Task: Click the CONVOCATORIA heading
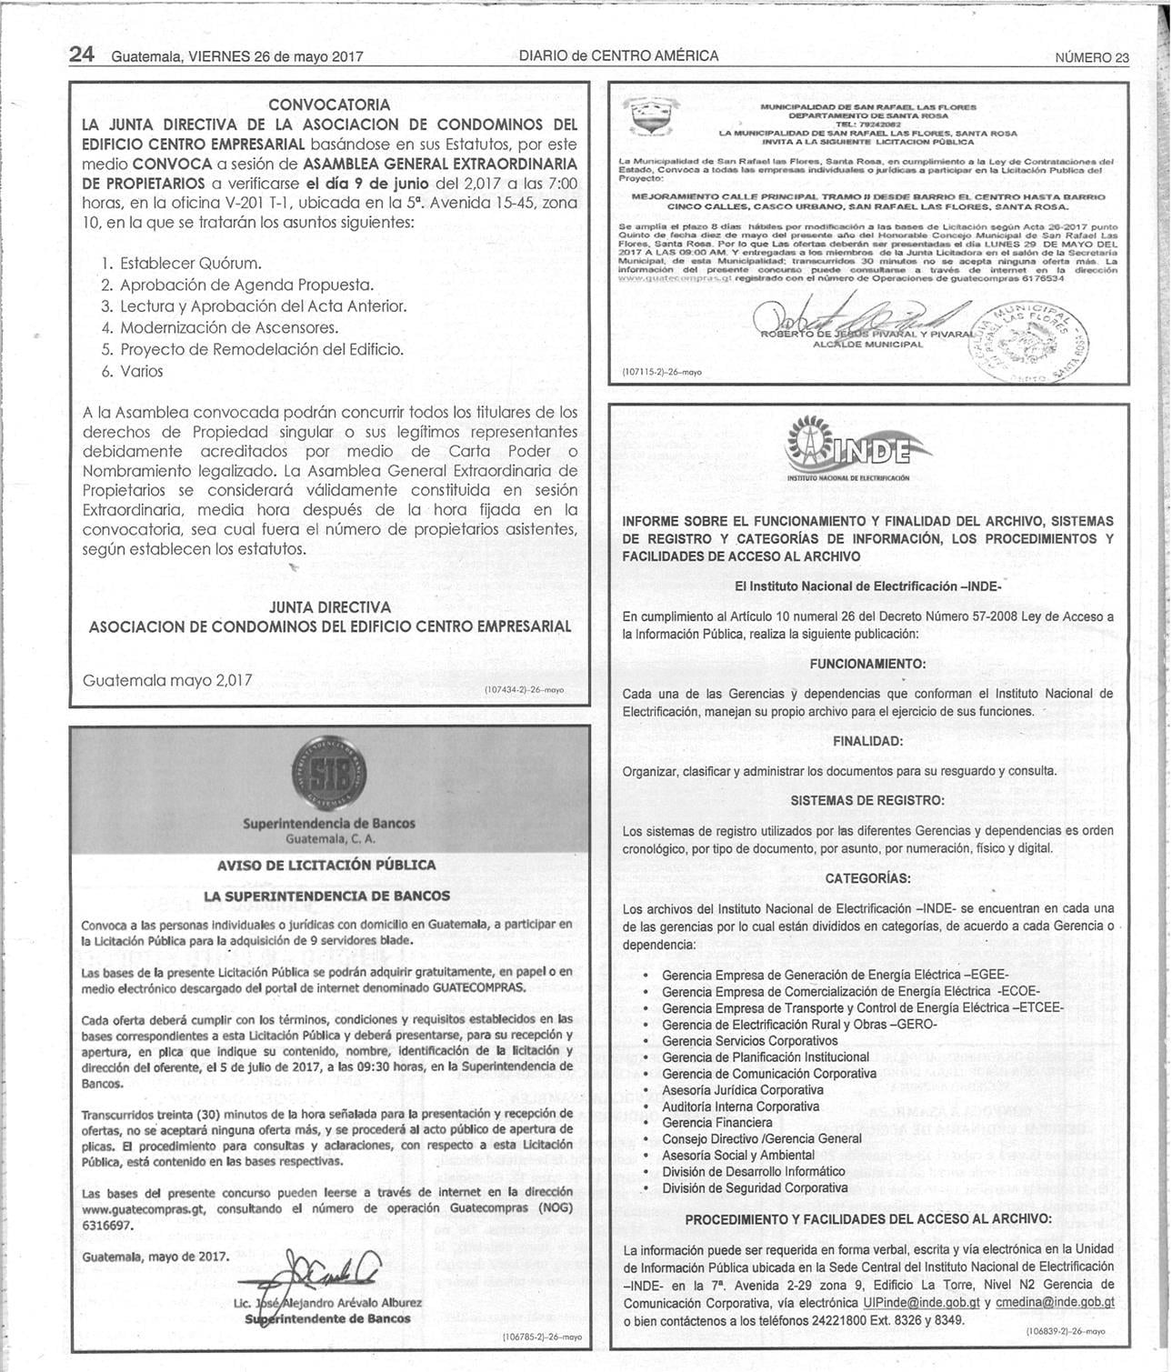point(329,105)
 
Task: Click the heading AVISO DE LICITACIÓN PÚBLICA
point(326,865)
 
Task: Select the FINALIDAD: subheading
point(867,741)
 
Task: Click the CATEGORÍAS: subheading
point(867,878)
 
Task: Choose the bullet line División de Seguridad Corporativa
point(755,1188)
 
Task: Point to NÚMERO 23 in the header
point(1091,57)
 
